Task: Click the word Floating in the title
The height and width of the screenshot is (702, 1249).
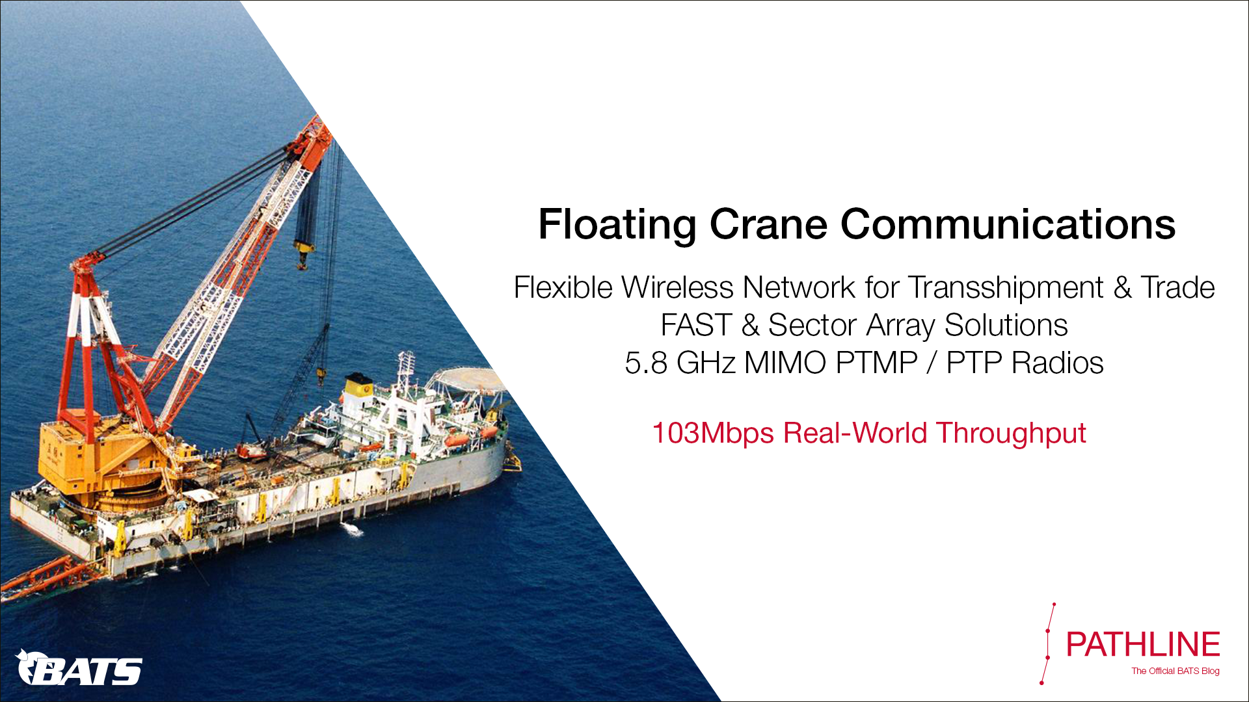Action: tap(617, 225)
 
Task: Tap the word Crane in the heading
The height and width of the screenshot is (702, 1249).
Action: tap(768, 224)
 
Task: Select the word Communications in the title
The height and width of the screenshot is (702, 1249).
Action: tap(1008, 224)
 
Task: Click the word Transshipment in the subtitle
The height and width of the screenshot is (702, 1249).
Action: tap(1006, 288)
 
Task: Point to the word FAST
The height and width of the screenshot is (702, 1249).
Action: tap(696, 325)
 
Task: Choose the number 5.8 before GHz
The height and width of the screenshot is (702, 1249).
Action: tap(646, 363)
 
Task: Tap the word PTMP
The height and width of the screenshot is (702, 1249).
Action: tap(876, 363)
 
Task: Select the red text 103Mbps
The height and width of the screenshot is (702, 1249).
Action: tap(712, 434)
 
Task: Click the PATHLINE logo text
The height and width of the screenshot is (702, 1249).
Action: tap(1142, 645)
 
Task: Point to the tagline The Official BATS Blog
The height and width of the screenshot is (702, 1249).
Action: tap(1175, 671)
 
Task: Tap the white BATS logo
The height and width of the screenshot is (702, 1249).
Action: tap(78, 668)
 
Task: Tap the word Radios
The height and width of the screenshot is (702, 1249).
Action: tap(1058, 363)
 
